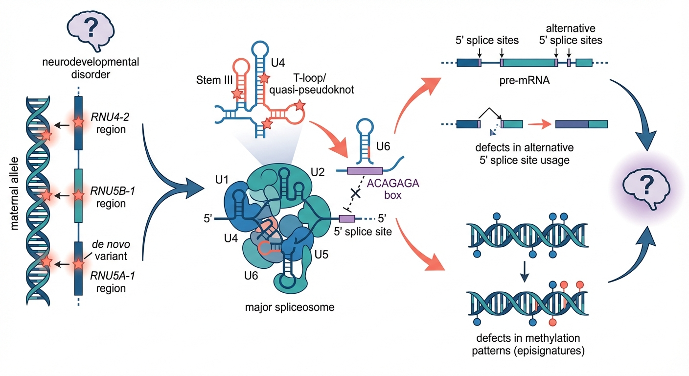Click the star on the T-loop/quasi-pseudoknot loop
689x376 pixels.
tap(299, 105)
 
